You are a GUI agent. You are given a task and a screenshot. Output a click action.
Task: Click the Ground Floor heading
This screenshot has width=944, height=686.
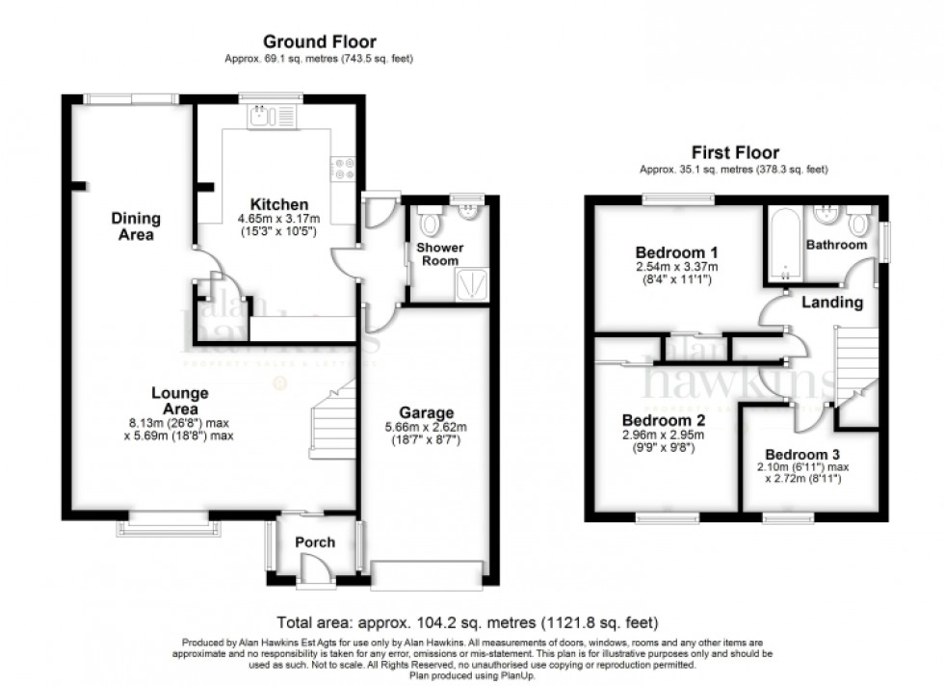click(320, 41)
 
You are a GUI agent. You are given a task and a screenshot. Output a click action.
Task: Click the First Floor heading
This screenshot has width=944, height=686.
click(735, 152)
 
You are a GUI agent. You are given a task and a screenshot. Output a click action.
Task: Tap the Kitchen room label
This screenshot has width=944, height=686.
click(279, 204)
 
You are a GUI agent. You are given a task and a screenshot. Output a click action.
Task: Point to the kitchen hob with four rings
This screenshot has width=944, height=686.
click(344, 169)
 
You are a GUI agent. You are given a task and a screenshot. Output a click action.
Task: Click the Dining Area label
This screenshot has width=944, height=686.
click(135, 225)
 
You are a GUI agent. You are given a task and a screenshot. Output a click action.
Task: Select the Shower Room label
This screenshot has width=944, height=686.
click(439, 253)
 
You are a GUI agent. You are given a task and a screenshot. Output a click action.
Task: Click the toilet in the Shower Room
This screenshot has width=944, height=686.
click(430, 224)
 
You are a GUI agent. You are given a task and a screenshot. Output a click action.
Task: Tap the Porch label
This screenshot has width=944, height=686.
click(314, 542)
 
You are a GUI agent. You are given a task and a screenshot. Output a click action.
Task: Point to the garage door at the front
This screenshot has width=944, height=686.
click(427, 575)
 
